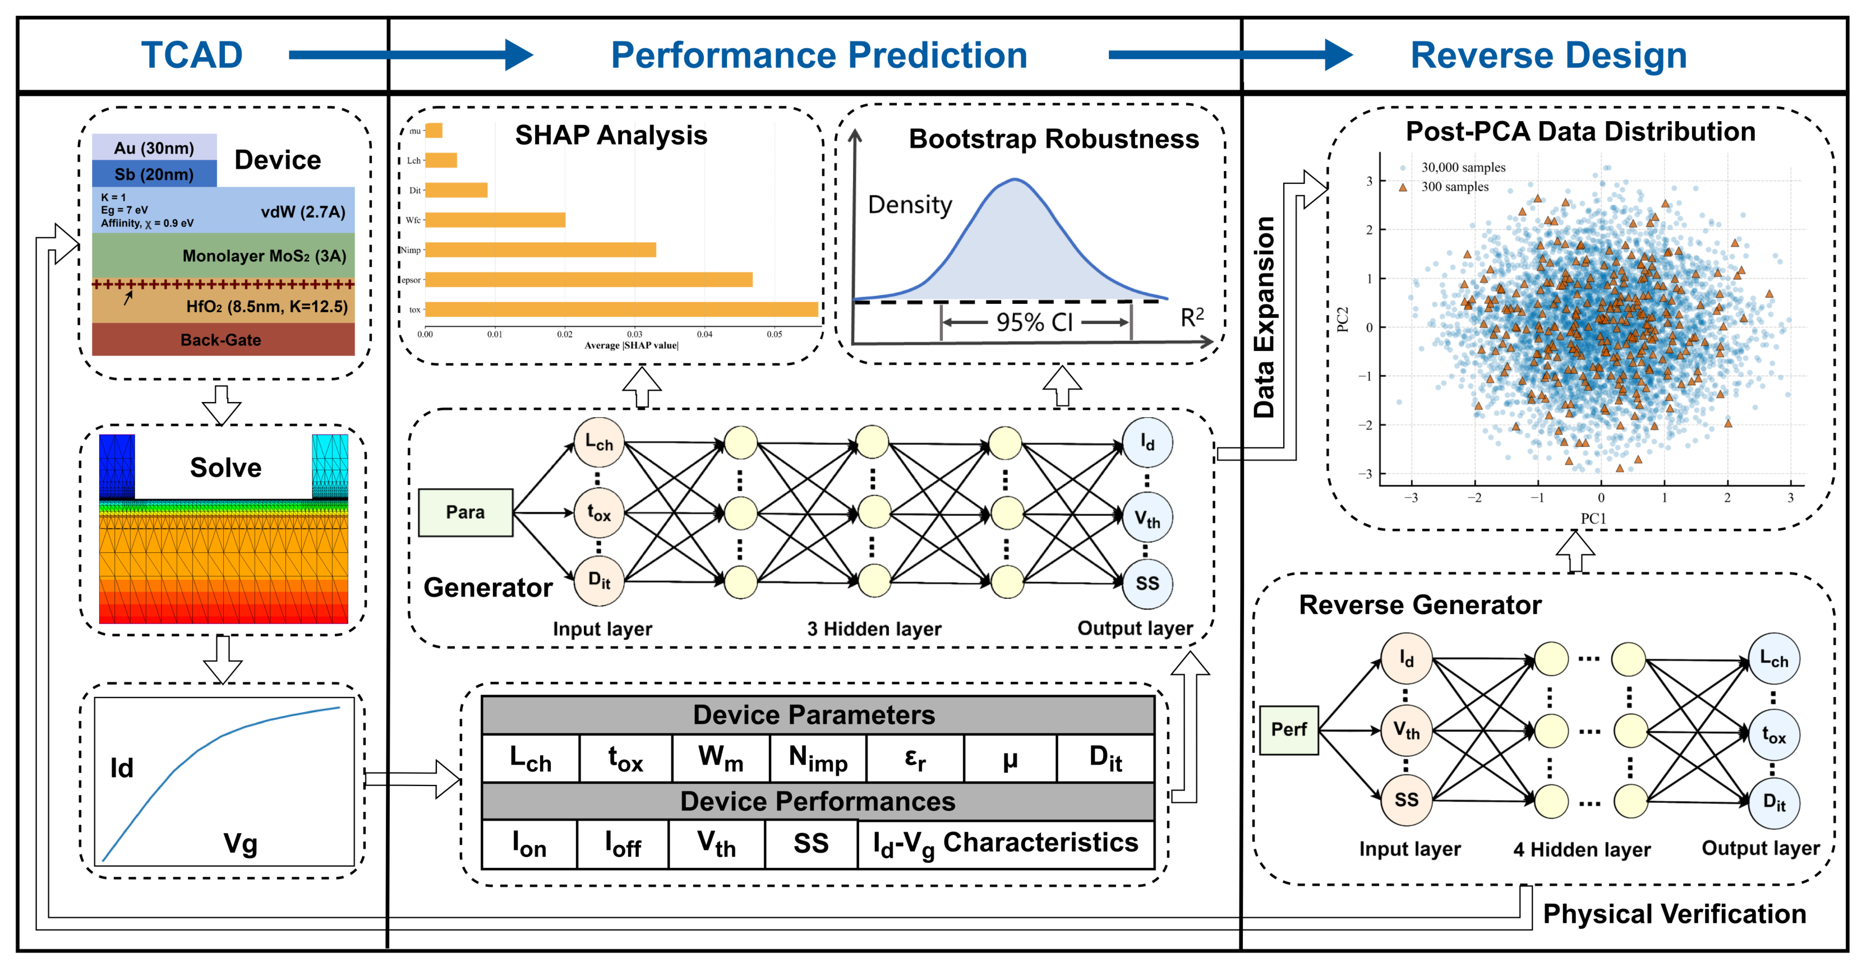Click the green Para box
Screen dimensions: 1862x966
pyautogui.click(x=466, y=512)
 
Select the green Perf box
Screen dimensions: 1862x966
pyautogui.click(x=1289, y=730)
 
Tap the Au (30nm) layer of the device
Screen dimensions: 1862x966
pyautogui.click(x=154, y=147)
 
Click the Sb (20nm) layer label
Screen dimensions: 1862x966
pyautogui.click(x=154, y=174)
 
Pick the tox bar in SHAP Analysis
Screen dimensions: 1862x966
pyautogui.click(x=621, y=309)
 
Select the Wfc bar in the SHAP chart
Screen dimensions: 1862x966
pyautogui.click(x=495, y=220)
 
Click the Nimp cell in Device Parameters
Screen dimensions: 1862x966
pyautogui.click(x=818, y=759)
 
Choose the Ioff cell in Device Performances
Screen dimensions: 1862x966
pyautogui.click(x=623, y=843)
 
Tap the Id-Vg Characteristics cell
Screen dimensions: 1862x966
pyautogui.click(x=1006, y=843)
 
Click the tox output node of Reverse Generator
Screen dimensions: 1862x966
pyautogui.click(x=1774, y=735)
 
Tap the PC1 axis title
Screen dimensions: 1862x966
pyautogui.click(x=1593, y=518)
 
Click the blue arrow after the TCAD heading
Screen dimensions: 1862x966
pyautogui.click(x=411, y=55)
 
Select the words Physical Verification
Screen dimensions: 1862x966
pyautogui.click(x=1674, y=914)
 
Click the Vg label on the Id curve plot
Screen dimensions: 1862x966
pyautogui.click(x=241, y=843)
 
